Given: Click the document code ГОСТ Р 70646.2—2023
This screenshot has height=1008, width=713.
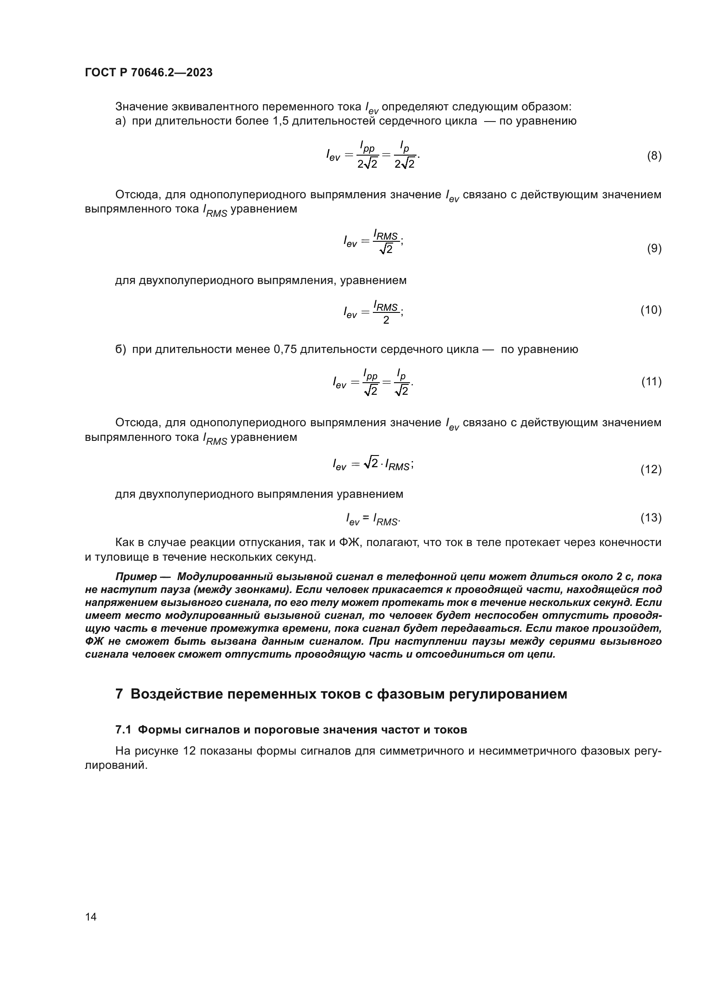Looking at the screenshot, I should pos(148,72).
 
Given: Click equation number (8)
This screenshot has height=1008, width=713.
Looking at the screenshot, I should pos(654,156).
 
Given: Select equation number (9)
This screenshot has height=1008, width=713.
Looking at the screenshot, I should pos(654,249).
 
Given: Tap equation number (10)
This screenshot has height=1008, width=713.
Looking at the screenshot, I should pos(650,310).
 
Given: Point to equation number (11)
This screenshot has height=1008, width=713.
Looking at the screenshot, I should pos(650,381).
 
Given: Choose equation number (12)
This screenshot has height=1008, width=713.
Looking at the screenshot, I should pos(650,469).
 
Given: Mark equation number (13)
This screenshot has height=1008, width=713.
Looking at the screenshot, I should pos(650,518).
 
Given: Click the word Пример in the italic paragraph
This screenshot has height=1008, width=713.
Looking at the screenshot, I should pos(136,577).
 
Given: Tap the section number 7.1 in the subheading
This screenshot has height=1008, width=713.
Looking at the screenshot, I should pos(123,730).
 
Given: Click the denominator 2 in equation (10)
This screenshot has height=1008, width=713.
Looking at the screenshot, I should pos(386,320).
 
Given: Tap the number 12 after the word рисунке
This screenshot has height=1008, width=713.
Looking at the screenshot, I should pos(189,751).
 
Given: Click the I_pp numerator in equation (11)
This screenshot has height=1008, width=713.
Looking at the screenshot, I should pos(370,374).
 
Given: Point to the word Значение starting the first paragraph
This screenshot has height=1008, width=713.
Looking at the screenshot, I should pos(141,107).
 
